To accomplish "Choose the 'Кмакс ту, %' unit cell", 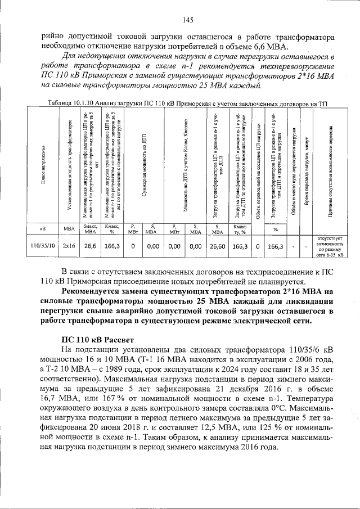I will coord(240,229).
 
